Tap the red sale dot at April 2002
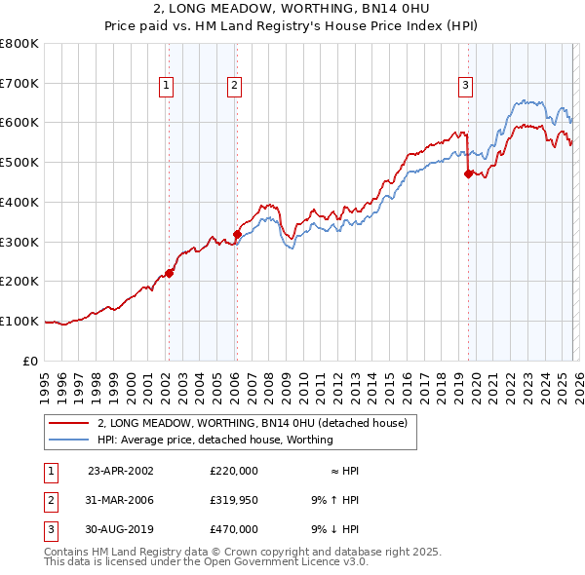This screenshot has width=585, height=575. click(169, 273)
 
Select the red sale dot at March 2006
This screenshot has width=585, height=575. click(237, 234)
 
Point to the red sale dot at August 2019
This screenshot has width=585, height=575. click(468, 174)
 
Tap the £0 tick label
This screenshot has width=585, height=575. click(31, 361)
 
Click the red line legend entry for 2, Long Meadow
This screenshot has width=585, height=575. click(257, 423)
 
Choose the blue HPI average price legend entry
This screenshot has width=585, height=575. click(214, 440)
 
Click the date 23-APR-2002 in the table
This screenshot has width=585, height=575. click(121, 471)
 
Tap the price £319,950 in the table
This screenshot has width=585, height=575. click(234, 500)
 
